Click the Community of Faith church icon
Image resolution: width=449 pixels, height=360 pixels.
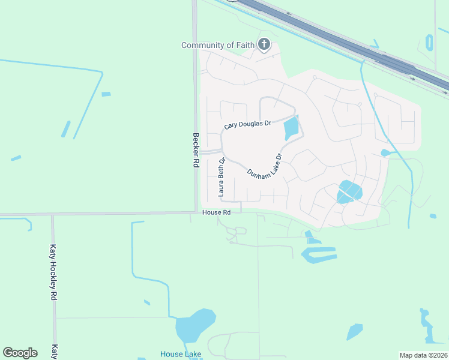(x=264, y=44)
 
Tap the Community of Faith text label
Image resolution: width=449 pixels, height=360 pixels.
(x=218, y=45)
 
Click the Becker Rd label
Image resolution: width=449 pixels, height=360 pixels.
(x=196, y=154)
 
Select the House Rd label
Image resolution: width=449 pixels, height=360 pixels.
(x=217, y=212)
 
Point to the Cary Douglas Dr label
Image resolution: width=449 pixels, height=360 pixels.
(x=247, y=125)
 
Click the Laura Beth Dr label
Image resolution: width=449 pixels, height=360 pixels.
(x=221, y=178)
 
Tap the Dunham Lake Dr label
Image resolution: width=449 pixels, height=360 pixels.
(x=264, y=164)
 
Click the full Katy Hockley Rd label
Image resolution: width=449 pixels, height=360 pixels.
(x=53, y=272)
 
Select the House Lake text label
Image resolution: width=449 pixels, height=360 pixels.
(x=181, y=354)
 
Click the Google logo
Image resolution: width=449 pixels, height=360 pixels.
(x=20, y=353)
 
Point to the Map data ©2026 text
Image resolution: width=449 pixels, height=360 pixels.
(x=423, y=355)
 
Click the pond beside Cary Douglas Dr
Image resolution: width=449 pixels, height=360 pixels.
(x=292, y=128)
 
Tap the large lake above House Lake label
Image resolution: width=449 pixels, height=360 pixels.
(x=193, y=326)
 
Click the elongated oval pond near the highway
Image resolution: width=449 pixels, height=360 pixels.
(x=429, y=43)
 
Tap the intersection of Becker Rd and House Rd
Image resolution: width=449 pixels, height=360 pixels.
(x=196, y=212)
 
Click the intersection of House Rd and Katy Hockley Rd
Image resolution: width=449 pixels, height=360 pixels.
(x=53, y=214)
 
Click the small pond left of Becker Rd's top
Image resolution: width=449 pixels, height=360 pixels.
(x=106, y=94)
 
